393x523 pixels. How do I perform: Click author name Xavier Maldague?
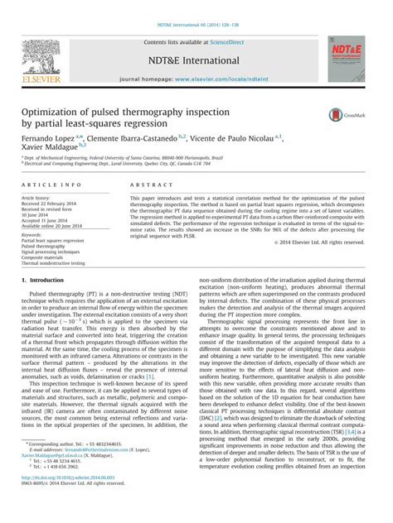pos(46,148)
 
